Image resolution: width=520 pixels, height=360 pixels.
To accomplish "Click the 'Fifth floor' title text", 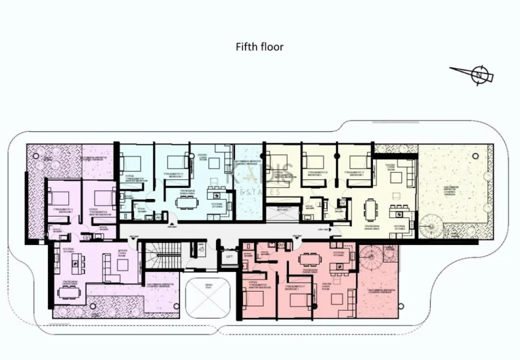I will [259, 47].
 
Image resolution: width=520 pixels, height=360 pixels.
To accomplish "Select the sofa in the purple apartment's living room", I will [107, 267].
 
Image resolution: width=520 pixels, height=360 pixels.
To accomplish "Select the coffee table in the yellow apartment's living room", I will [395, 177].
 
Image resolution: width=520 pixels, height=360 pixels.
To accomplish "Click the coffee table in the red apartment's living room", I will [337, 298].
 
